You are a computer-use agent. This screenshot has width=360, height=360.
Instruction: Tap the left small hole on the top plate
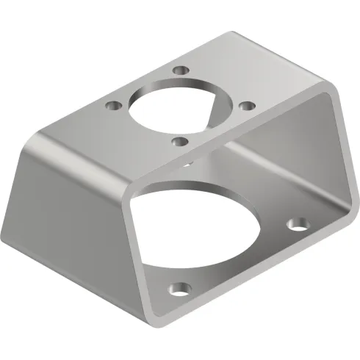(x=112, y=105)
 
